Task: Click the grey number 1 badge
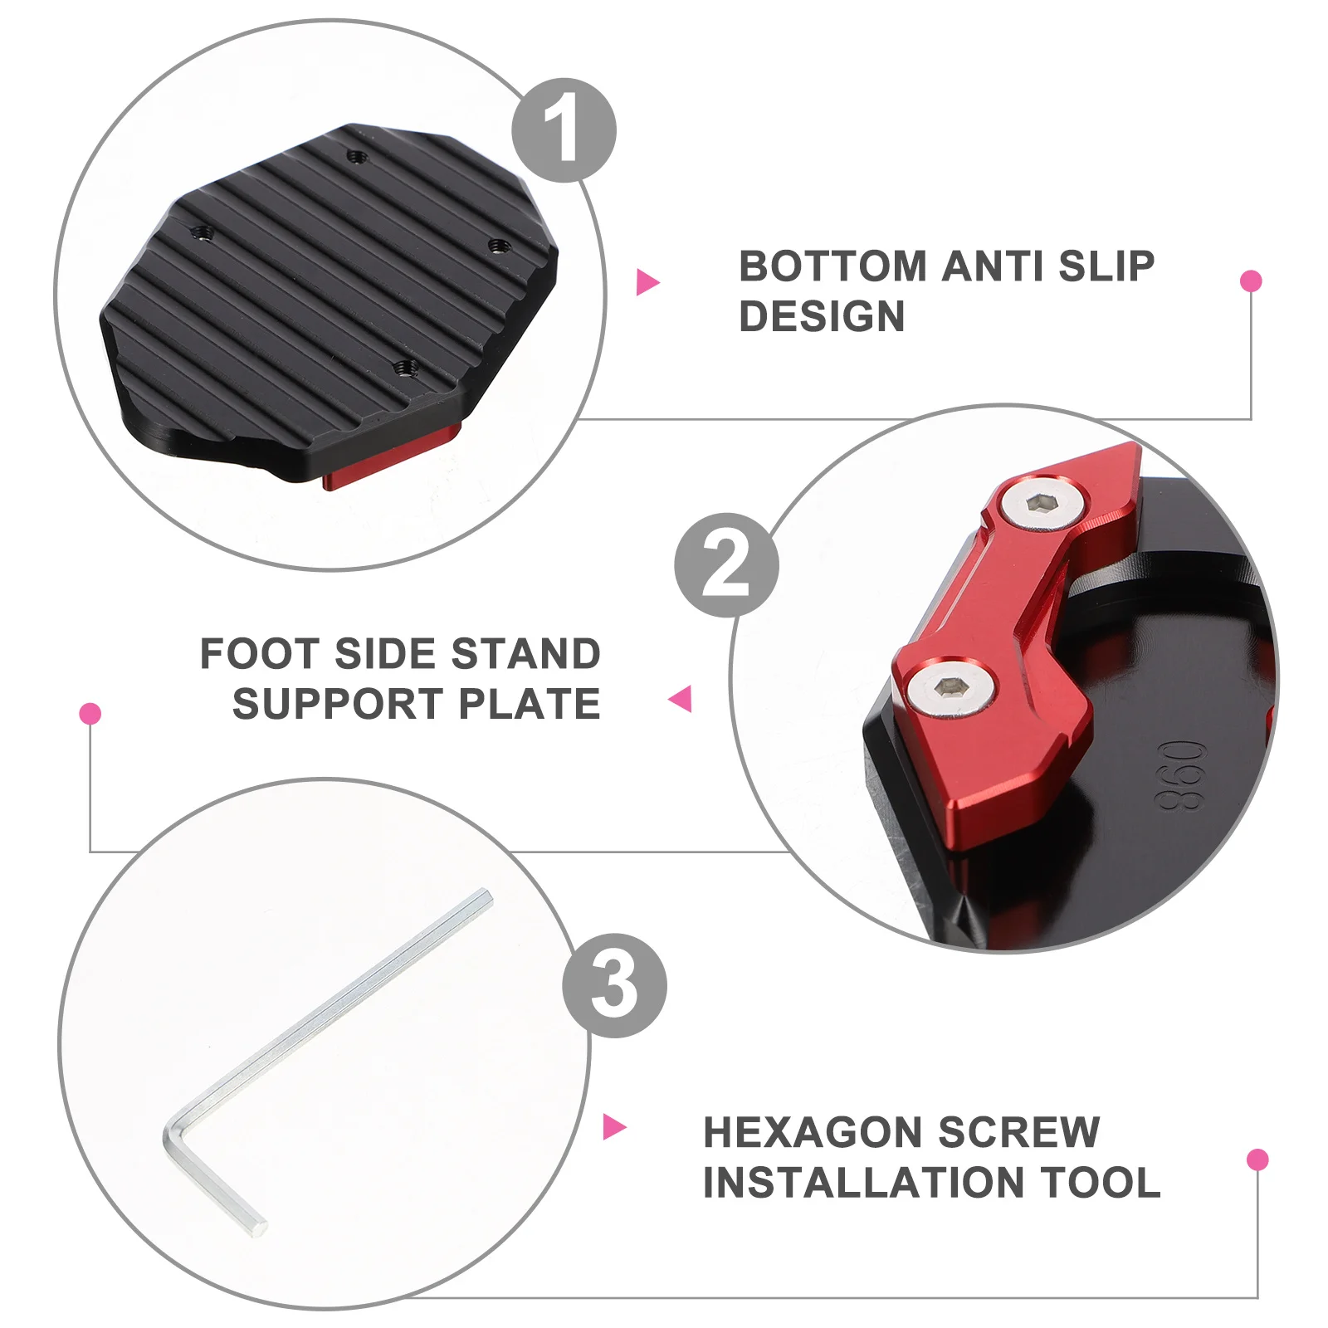click(564, 130)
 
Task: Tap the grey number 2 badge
click(726, 565)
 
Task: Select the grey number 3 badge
click(614, 985)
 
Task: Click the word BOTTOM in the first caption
click(832, 266)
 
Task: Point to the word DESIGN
click(822, 316)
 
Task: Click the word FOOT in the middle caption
click(260, 654)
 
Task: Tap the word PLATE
click(530, 705)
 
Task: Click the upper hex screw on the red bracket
click(1042, 503)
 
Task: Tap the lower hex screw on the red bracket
click(950, 687)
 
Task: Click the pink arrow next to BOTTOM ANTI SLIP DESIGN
click(647, 282)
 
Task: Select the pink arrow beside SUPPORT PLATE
click(681, 699)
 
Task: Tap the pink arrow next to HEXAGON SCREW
click(613, 1127)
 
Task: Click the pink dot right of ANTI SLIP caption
click(1251, 281)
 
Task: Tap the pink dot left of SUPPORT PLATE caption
click(90, 714)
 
